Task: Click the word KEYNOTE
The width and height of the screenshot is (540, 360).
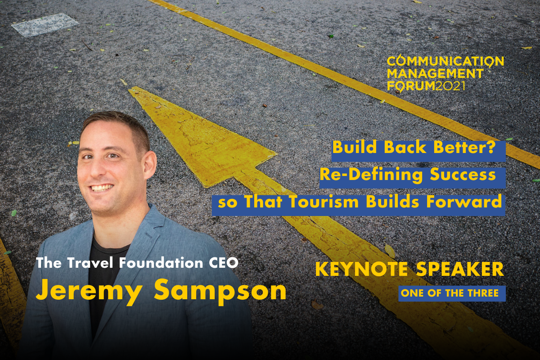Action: tap(361, 269)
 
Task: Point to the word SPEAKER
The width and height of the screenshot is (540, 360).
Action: tap(460, 269)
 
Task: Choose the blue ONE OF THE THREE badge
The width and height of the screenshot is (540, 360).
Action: tap(452, 293)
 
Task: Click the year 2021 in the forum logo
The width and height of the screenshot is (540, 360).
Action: tap(450, 86)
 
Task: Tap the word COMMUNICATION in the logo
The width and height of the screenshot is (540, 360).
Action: tap(445, 61)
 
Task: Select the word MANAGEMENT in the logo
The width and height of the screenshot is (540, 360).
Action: tap(435, 73)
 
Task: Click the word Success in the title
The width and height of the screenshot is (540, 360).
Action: tap(463, 174)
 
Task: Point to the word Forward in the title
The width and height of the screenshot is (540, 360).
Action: tap(464, 202)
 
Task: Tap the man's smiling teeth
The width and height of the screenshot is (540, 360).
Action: tap(103, 188)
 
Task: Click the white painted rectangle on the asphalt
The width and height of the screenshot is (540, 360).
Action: tap(45, 25)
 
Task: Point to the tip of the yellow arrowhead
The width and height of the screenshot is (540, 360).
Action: tap(130, 90)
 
